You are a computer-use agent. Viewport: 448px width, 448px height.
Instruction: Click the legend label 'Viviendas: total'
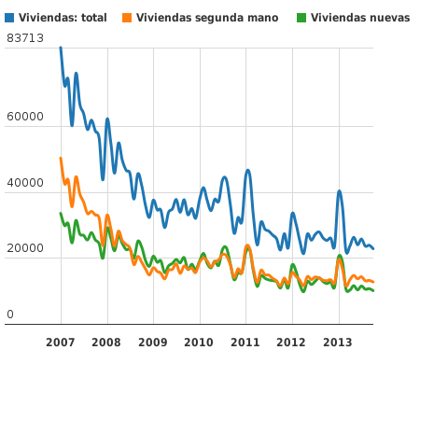(x=63, y=18)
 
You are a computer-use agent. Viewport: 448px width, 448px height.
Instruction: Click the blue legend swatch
(x=9, y=18)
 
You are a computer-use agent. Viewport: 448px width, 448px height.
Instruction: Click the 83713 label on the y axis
(x=25, y=37)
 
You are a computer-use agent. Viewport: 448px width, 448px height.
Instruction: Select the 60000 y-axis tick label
(x=25, y=117)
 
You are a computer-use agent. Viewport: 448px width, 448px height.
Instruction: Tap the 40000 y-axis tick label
(x=25, y=183)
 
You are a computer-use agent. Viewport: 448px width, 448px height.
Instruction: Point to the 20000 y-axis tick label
(x=25, y=248)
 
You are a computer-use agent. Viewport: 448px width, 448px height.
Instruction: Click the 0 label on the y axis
(x=10, y=315)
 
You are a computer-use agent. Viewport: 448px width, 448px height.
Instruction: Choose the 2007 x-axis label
(x=61, y=343)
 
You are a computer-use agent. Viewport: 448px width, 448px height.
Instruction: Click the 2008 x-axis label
(x=106, y=343)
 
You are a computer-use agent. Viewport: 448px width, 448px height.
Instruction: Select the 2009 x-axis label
(x=153, y=343)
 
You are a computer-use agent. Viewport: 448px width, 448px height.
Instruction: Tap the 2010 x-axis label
(x=199, y=343)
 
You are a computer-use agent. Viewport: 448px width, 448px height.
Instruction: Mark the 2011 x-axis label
(x=245, y=343)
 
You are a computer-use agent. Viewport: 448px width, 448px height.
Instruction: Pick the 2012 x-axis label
(x=291, y=343)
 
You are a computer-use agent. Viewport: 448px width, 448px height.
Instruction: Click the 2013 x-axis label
(x=338, y=343)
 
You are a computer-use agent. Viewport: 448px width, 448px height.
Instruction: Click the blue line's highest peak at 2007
(x=61, y=49)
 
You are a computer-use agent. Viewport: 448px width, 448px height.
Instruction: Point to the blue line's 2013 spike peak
(x=340, y=191)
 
